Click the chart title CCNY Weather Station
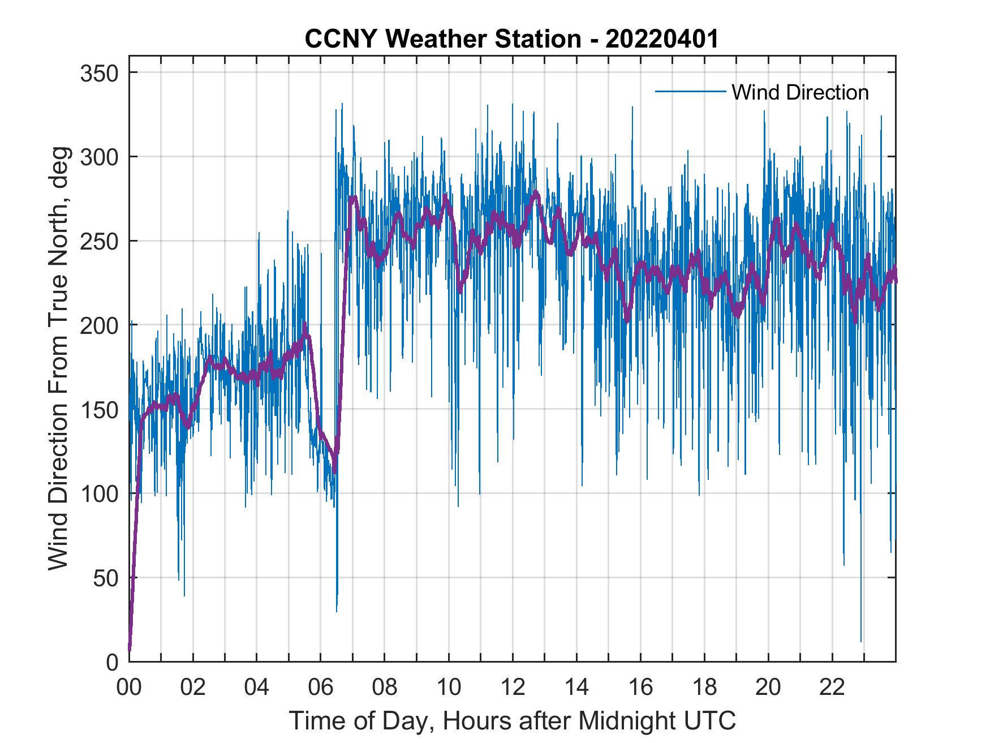click(442, 40)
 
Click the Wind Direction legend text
click(800, 92)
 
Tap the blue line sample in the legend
click(690, 92)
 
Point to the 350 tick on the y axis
click(99, 73)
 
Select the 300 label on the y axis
click(99, 157)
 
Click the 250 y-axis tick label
click(99, 241)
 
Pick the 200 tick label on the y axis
click(99, 325)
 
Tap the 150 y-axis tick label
click(99, 409)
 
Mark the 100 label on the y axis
click(99, 493)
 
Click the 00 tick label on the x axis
click(129, 687)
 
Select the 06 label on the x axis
click(321, 687)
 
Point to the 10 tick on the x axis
click(449, 687)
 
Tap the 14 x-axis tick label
click(576, 687)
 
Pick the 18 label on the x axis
click(704, 687)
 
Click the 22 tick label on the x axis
click(832, 687)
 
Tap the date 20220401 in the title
click(662, 40)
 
